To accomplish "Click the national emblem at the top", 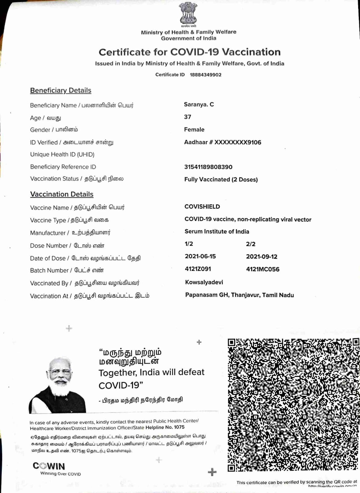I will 188,14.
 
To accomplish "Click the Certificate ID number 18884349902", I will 205,75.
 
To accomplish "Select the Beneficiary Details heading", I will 61,91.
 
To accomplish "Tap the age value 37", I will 188,117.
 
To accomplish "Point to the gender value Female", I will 194,130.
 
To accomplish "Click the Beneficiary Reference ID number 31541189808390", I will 208,167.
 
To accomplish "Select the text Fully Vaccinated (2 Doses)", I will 221,180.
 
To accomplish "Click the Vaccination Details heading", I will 62,194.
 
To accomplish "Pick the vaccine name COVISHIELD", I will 202,207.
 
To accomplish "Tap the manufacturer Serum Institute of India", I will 217,232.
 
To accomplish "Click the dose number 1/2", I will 189,244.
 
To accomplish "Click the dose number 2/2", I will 251,244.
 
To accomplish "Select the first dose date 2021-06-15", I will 200,257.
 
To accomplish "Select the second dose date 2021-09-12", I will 261,257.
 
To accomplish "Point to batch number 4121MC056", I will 263,269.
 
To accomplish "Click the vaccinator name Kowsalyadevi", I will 204,282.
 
